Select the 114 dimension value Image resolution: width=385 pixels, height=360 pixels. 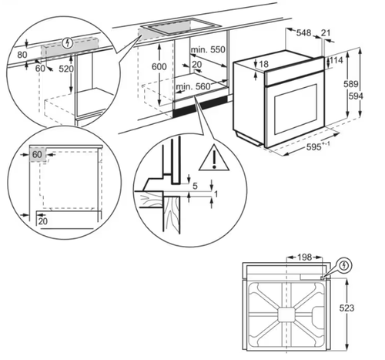point(336,60)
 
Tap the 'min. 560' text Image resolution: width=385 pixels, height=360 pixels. point(192,87)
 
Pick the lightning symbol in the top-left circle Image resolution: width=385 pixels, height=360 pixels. point(71,45)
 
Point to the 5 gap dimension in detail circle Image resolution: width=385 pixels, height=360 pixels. point(196,186)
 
